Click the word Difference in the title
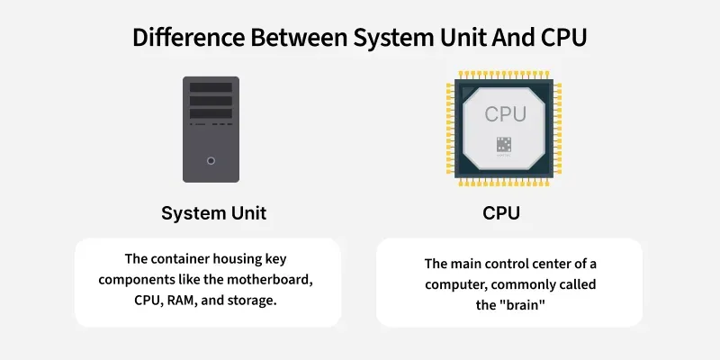189,37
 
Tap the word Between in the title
299,37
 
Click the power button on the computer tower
211,161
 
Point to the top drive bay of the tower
211,87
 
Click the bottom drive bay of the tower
211,113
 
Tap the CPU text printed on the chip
505,114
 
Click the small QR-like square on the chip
504,145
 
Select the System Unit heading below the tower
214,213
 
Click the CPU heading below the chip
501,213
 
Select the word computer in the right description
455,284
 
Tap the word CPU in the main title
563,37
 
